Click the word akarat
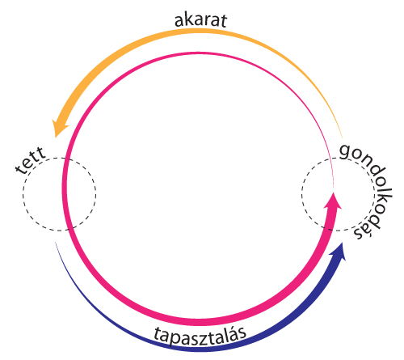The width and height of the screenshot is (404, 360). coord(201,20)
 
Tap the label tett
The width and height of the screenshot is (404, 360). coord(31,161)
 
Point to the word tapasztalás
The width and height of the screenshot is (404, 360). coord(200,335)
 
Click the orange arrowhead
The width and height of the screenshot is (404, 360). coord(59,128)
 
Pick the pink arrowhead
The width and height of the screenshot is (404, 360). coord(333,201)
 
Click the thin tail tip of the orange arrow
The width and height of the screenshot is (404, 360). coord(343,138)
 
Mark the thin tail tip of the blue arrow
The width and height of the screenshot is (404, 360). coord(56,242)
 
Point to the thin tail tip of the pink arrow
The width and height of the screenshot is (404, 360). coord(334,187)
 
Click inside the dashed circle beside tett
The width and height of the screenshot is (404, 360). coord(59,194)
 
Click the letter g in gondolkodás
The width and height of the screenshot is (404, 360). coord(346,151)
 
